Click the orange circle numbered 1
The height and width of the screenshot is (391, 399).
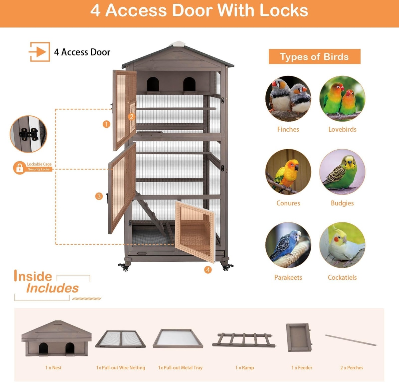pyautogui.click(x=106, y=124)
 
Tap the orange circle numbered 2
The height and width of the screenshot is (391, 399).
pyautogui.click(x=131, y=117)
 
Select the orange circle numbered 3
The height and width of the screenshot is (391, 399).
pyautogui.click(x=99, y=196)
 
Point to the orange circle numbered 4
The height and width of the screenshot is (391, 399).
pyautogui.click(x=208, y=270)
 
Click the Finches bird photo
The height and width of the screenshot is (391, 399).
pyautogui.click(x=288, y=98)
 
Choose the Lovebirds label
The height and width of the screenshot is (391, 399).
pyautogui.click(x=342, y=129)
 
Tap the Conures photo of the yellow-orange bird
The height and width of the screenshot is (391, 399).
pyautogui.click(x=288, y=172)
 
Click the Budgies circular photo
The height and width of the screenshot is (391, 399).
pyautogui.click(x=342, y=172)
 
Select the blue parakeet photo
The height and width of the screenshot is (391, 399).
pyautogui.click(x=288, y=245)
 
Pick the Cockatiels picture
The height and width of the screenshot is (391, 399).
pyautogui.click(x=342, y=245)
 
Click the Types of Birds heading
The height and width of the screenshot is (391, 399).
pyautogui.click(x=315, y=57)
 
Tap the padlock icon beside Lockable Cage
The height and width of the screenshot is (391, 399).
pyautogui.click(x=20, y=168)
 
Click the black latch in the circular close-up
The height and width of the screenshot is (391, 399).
pyautogui.click(x=29, y=134)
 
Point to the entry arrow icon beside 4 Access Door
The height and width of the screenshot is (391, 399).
pyautogui.click(x=39, y=52)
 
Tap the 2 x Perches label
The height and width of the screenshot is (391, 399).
pyautogui.click(x=351, y=368)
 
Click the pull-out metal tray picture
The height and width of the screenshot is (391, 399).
pyautogui.click(x=178, y=338)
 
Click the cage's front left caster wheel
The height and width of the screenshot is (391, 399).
pyautogui.click(x=125, y=267)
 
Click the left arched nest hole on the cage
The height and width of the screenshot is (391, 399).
pyautogui.click(x=153, y=84)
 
